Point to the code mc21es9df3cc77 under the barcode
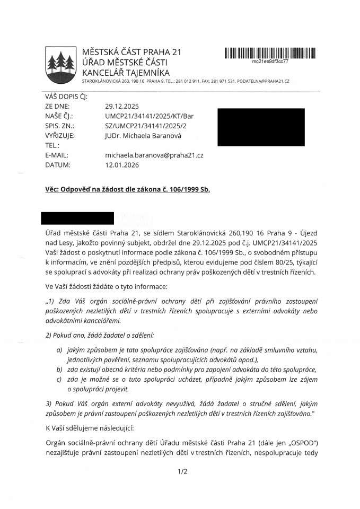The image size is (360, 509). coord(270,62)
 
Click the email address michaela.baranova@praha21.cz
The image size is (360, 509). coord(154,155)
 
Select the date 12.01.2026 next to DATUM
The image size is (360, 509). coord(122,165)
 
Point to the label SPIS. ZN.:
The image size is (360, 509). coord(60,126)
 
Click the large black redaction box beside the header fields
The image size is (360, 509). coord(261,127)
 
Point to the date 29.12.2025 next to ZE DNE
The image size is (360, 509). coord(122,106)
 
